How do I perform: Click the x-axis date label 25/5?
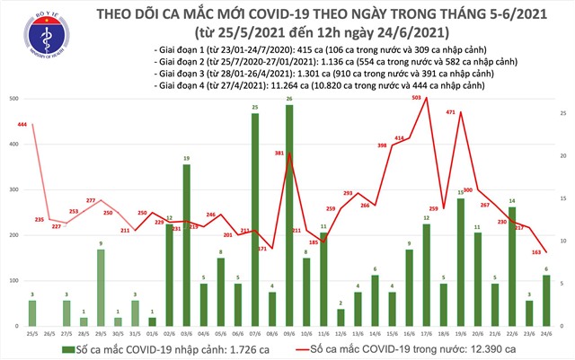pos(32,334)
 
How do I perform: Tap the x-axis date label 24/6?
pos(546,334)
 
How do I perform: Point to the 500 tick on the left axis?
pos(13,97)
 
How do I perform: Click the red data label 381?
pos(279,154)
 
